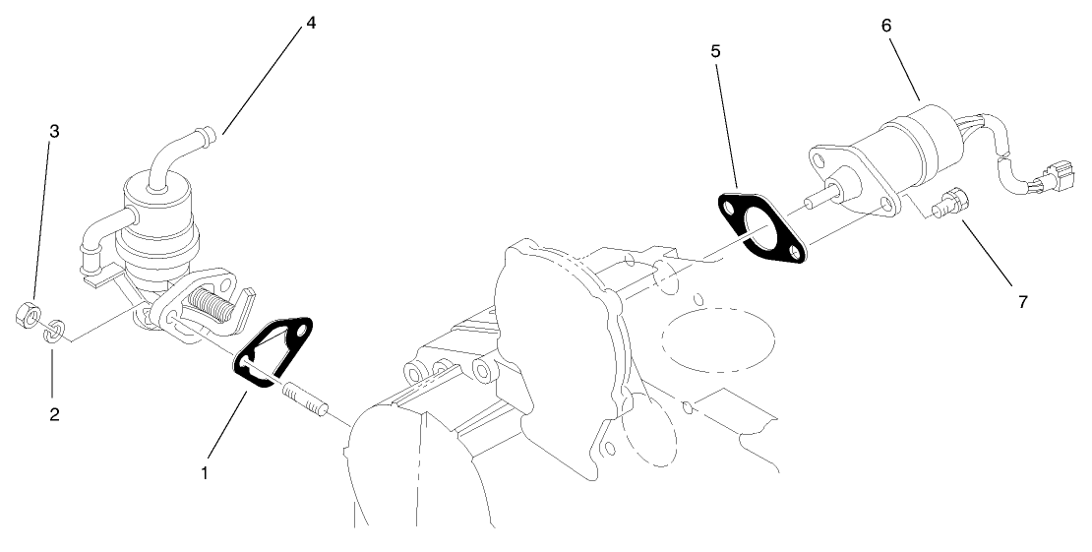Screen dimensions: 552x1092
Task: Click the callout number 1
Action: pos(205,473)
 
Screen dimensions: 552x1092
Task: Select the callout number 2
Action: pos(54,415)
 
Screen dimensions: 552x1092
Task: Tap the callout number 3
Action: pos(54,131)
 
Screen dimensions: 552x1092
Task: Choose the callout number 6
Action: pos(886,27)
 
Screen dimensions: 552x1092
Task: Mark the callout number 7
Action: pos(1023,302)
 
